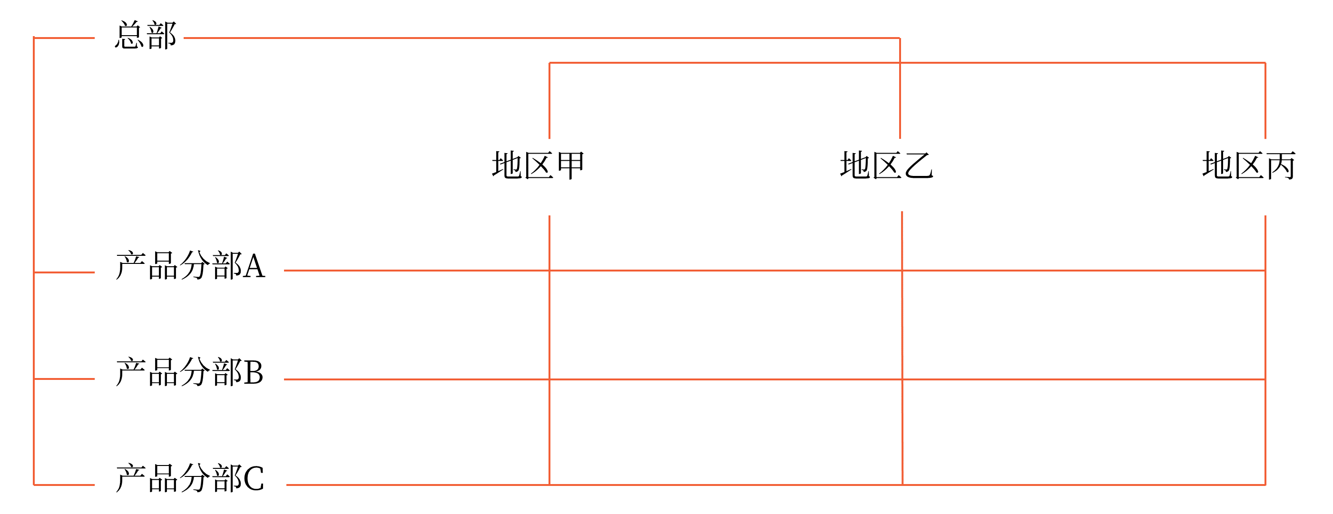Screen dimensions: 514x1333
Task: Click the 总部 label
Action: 146,36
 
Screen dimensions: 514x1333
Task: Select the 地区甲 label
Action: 538,165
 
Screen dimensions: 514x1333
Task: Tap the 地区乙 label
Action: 886,165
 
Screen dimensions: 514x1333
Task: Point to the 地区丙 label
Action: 1249,165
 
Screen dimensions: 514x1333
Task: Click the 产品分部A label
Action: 190,266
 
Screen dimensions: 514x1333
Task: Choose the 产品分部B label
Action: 189,372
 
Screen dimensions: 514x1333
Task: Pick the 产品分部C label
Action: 190,478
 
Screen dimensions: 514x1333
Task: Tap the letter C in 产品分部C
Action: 254,479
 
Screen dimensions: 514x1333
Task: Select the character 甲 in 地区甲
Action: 570,165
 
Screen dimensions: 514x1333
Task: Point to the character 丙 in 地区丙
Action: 1281,165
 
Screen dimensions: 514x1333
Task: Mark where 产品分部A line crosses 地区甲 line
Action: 549,271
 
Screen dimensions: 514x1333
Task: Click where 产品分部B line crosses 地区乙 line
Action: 902,379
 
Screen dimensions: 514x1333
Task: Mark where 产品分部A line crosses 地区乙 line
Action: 902,271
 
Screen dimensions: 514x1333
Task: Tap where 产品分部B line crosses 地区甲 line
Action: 549,379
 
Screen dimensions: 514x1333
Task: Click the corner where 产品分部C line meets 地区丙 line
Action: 1265,485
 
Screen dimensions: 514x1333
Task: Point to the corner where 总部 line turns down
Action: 900,38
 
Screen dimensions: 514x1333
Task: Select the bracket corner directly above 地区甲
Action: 549,63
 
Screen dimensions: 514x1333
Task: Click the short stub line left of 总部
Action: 64,38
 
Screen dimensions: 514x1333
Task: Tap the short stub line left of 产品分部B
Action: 64,379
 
